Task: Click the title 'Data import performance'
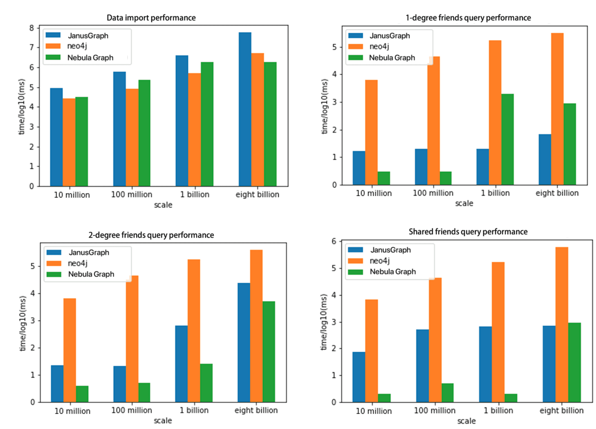pyautogui.click(x=151, y=18)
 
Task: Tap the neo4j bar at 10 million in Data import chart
pyautogui.click(x=69, y=142)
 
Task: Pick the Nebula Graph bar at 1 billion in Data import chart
pyautogui.click(x=207, y=124)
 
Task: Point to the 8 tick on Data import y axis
pyautogui.click(x=32, y=28)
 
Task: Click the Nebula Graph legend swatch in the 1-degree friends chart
pyautogui.click(x=355, y=58)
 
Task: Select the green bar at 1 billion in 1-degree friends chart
pyautogui.click(x=507, y=139)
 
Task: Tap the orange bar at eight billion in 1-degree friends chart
pyautogui.click(x=557, y=109)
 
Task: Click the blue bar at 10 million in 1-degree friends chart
pyautogui.click(x=359, y=168)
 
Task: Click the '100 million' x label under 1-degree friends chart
pyautogui.click(x=433, y=193)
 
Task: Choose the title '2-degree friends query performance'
pyautogui.click(x=151, y=235)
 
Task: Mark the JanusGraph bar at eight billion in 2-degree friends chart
pyautogui.click(x=244, y=342)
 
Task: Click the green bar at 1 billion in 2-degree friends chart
pyautogui.click(x=206, y=383)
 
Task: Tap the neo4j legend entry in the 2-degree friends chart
pyautogui.click(x=78, y=263)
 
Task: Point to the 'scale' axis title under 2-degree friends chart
pyautogui.click(x=163, y=421)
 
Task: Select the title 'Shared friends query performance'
pyautogui.click(x=468, y=232)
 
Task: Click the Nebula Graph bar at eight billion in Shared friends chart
pyautogui.click(x=574, y=362)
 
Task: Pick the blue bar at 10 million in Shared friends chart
pyautogui.click(x=359, y=377)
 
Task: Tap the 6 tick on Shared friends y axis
pyautogui.click(x=334, y=241)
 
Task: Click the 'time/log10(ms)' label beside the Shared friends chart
pyautogui.click(x=324, y=322)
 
